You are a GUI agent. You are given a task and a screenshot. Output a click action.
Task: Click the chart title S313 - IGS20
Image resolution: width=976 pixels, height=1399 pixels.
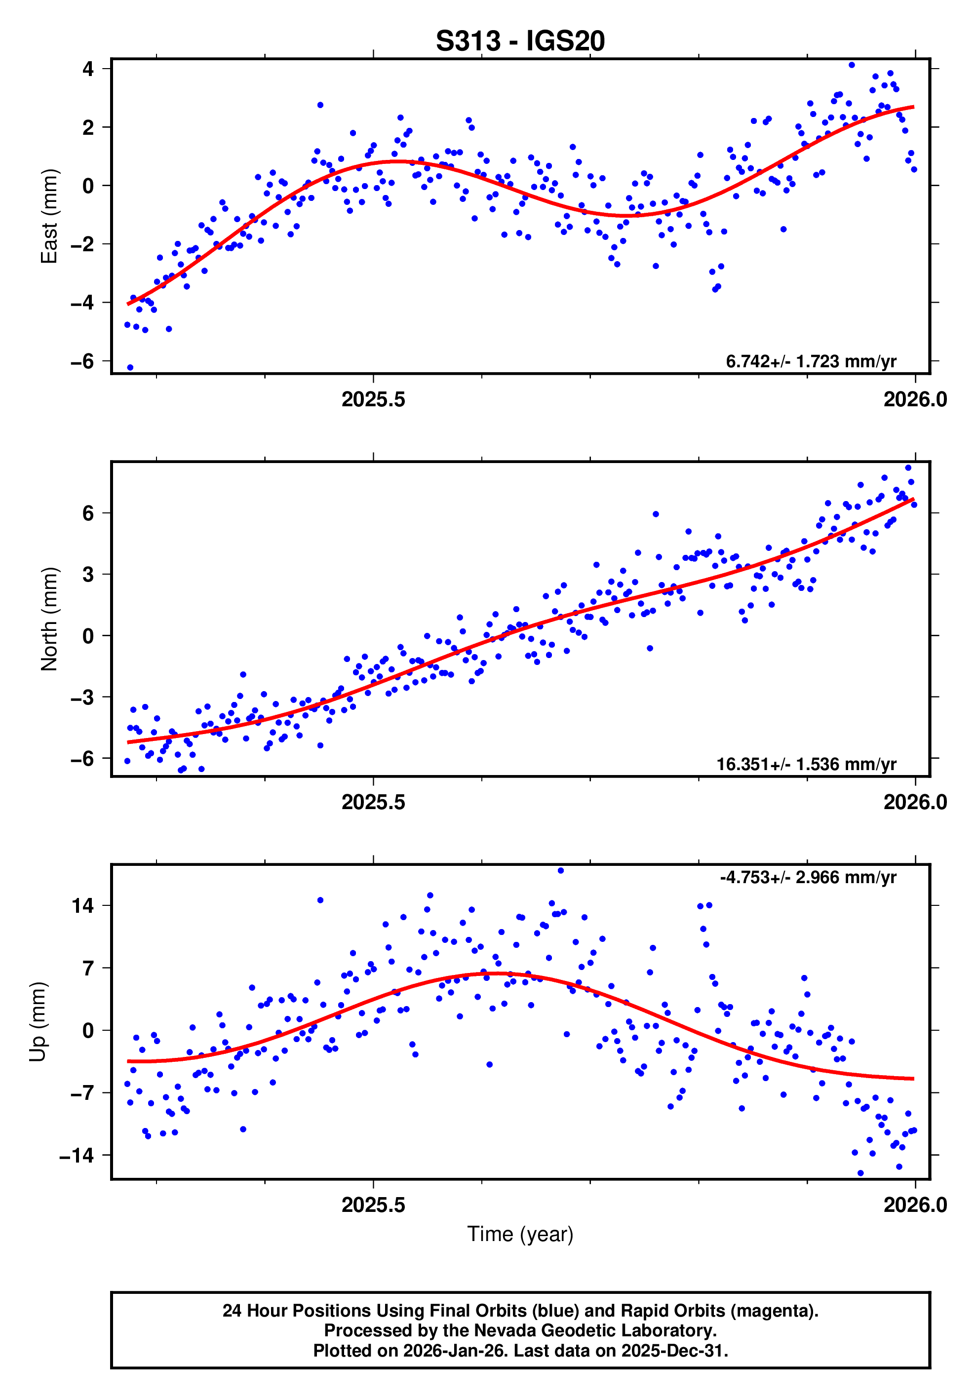(x=520, y=41)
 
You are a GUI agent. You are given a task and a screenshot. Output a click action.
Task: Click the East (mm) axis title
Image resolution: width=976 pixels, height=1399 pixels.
(x=49, y=216)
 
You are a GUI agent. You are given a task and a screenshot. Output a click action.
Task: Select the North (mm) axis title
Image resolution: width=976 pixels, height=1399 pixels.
(x=49, y=619)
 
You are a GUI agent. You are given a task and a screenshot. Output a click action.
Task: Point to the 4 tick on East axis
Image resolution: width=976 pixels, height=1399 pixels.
(x=88, y=69)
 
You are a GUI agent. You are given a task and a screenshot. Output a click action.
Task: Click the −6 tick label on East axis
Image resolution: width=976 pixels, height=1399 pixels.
(x=82, y=361)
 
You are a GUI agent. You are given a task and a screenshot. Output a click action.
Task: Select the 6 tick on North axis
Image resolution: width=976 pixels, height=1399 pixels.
(x=88, y=513)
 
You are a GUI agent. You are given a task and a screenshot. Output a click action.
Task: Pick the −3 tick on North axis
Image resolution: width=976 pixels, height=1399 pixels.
(x=82, y=697)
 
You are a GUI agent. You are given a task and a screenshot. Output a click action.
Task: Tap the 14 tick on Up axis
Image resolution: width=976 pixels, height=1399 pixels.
(x=83, y=906)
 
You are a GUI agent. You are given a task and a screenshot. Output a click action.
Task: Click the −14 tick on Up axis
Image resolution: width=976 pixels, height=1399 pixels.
(x=77, y=1155)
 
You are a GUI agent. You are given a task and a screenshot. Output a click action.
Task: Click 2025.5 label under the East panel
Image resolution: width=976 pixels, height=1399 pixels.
(x=373, y=400)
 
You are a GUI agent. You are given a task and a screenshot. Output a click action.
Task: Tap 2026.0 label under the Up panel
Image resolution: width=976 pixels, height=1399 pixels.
(x=914, y=1205)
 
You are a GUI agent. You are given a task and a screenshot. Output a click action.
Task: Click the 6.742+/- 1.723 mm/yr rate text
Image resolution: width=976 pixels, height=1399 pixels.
(x=810, y=362)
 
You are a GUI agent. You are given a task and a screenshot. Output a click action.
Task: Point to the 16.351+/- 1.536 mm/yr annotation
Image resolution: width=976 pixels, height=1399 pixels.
(x=805, y=765)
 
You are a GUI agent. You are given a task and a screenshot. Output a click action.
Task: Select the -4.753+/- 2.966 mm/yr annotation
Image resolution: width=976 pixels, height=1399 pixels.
(x=808, y=877)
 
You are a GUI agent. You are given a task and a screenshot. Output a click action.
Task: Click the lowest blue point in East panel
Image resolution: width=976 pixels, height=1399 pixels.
(x=130, y=367)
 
